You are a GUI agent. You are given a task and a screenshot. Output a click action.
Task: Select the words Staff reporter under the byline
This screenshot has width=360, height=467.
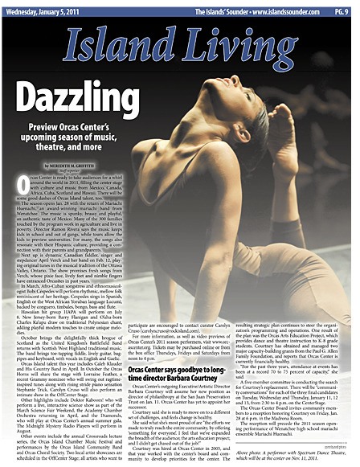coord(85,170)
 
